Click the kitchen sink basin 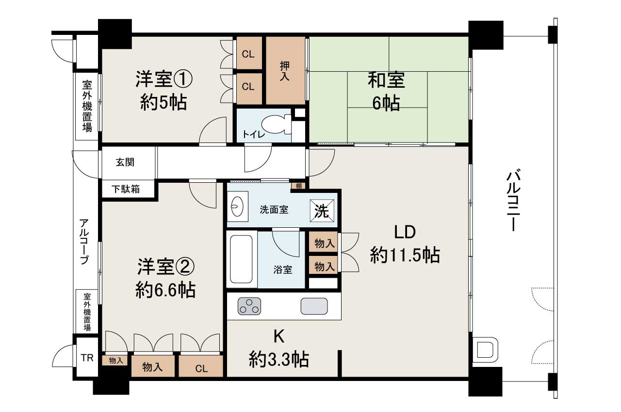click(x=314, y=306)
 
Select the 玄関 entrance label click(x=125, y=162)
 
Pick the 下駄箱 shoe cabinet click(x=127, y=189)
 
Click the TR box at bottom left click(x=87, y=359)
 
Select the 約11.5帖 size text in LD click(x=405, y=254)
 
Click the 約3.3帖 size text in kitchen click(x=279, y=360)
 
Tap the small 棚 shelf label click(x=298, y=186)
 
